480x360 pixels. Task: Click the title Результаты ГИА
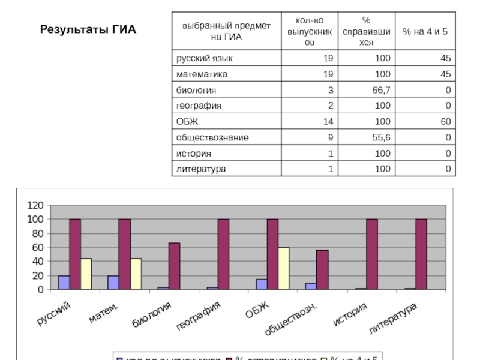click(88, 29)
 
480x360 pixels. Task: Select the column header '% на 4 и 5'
click(425, 31)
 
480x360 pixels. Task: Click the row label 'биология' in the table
click(196, 90)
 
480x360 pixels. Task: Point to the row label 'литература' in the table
click(201, 169)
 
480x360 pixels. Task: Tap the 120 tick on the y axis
click(35, 205)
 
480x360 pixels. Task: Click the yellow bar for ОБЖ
click(283, 268)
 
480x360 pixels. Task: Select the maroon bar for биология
click(174, 266)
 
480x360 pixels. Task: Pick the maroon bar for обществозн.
click(322, 269)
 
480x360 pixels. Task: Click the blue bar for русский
click(64, 283)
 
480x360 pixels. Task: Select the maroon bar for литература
click(421, 254)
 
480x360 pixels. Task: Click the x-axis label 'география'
click(199, 316)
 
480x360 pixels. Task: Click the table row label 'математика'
click(202, 74)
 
